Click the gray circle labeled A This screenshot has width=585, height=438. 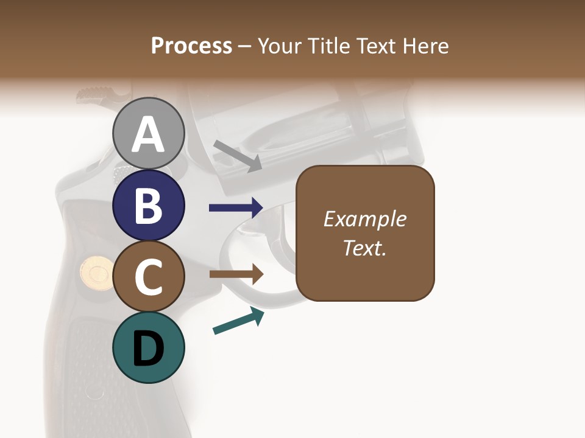tap(149, 134)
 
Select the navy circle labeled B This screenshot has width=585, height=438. tap(149, 206)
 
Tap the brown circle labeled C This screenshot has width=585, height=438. tap(149, 277)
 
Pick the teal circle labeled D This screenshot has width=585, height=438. tap(149, 348)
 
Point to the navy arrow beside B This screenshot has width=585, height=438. tap(236, 208)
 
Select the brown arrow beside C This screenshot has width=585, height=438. tap(236, 274)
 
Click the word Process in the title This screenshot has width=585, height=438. tap(191, 46)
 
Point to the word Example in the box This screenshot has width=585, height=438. tap(365, 219)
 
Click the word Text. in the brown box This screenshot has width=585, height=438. tap(365, 248)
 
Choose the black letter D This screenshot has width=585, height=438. tap(149, 349)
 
